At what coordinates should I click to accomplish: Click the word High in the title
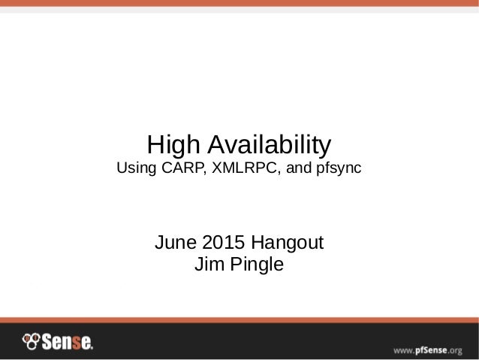coord(173,144)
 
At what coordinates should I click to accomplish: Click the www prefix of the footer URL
coord(402,349)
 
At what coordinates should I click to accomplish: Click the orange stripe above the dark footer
coord(239,319)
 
